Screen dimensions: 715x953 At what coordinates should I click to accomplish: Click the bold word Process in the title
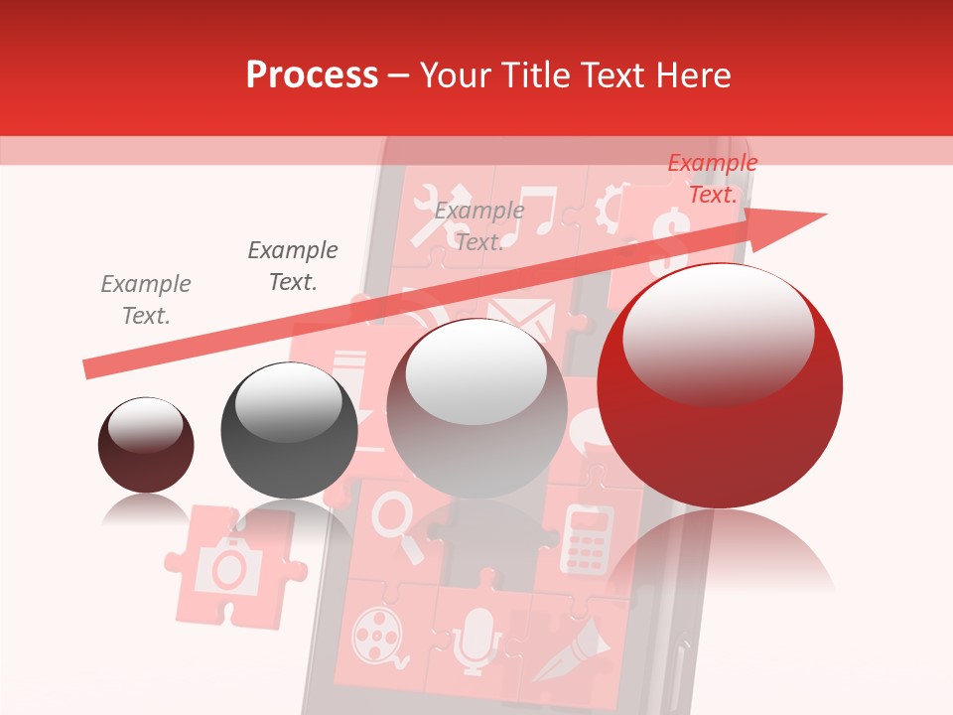[x=312, y=75]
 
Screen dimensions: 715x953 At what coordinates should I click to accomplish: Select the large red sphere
[x=720, y=417]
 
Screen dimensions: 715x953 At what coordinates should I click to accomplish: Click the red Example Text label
[x=712, y=179]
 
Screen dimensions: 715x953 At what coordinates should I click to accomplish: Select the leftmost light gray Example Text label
[x=146, y=300]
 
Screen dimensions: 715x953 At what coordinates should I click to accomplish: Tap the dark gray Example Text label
[x=293, y=266]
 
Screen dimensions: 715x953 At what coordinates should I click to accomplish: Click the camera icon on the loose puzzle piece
[x=229, y=565]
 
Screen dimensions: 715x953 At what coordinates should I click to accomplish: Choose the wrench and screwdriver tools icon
[x=432, y=214]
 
